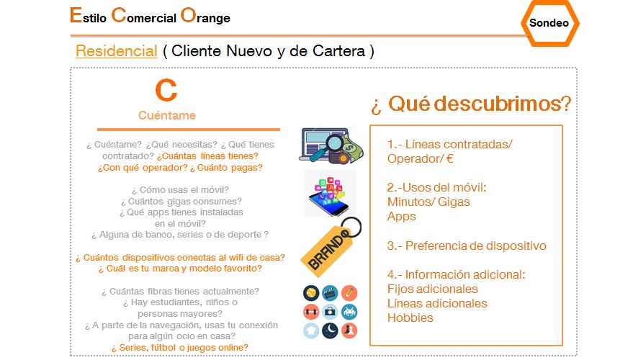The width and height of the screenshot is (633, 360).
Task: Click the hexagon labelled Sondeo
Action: (x=549, y=23)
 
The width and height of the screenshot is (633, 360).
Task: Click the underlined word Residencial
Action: (x=116, y=51)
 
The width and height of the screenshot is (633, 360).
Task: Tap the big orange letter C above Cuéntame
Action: (x=166, y=90)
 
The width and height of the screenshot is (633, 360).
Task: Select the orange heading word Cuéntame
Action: (x=167, y=115)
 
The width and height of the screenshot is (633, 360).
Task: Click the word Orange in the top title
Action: (x=205, y=16)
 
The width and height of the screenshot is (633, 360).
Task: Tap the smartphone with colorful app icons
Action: (x=329, y=195)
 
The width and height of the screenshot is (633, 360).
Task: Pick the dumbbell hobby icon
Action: (x=311, y=312)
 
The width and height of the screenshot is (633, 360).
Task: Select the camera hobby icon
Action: (x=330, y=312)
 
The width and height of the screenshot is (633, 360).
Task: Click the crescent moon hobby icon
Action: (x=330, y=330)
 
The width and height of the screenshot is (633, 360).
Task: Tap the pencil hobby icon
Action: (x=349, y=294)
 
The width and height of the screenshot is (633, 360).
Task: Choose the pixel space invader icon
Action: (x=349, y=312)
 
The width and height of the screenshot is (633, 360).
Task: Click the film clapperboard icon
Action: (x=330, y=294)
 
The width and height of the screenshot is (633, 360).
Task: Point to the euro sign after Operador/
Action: (x=449, y=158)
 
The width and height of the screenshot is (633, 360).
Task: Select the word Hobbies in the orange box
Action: (x=410, y=318)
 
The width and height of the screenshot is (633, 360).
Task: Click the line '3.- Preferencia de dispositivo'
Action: (x=467, y=246)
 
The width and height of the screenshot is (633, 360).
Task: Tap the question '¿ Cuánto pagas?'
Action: (x=226, y=168)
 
